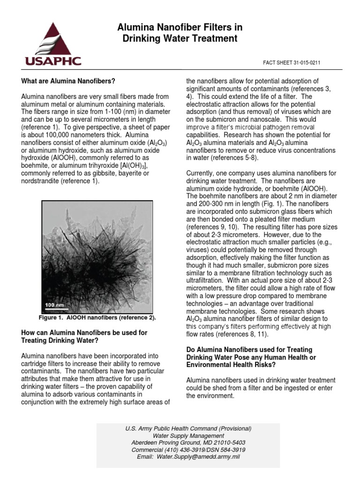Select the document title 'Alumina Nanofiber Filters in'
pos(180,28)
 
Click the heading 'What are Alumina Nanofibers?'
pos(68,81)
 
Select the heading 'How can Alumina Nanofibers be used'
pos(84,333)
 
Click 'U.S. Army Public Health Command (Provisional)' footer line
pos(188,429)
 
